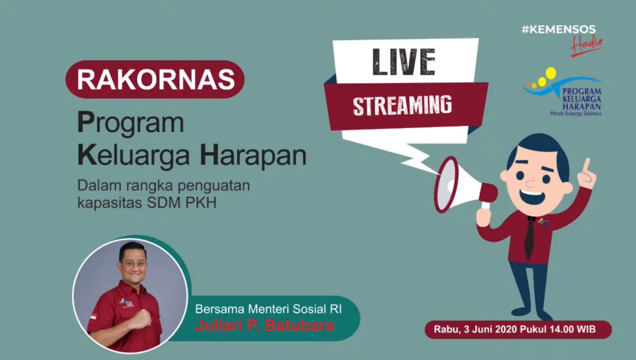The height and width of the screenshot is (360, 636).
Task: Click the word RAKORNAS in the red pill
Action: tap(156, 80)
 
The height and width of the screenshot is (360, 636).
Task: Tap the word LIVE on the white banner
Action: tap(403, 62)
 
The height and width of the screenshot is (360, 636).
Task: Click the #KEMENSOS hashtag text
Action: tap(558, 30)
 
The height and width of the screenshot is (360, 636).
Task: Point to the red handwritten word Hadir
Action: tap(587, 45)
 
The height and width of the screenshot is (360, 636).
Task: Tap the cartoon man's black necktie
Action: tap(529, 238)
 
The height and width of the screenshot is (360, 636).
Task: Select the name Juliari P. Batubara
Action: tap(265, 326)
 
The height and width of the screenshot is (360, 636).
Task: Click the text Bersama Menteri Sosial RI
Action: tap(268, 309)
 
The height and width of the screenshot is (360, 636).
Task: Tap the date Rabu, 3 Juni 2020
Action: tap(476, 330)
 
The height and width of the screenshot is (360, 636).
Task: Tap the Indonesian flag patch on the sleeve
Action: tap(93, 317)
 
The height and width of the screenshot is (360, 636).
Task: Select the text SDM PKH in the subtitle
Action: tap(182, 203)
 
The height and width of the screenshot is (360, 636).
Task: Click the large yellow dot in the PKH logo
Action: tap(551, 73)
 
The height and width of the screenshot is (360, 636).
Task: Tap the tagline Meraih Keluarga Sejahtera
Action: tap(575, 113)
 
